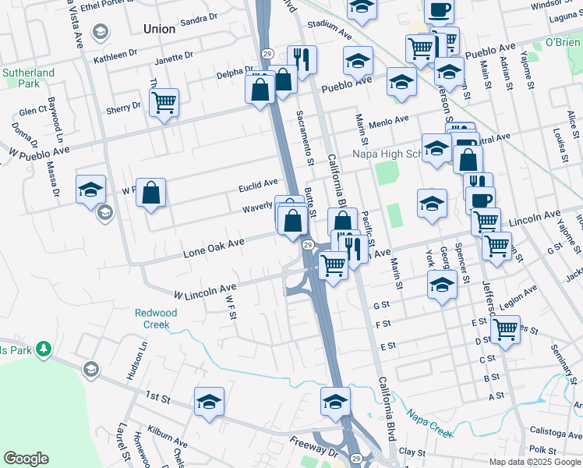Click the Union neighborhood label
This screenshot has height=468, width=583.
tap(160, 29)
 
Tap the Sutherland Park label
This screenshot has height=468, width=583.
tap(28, 78)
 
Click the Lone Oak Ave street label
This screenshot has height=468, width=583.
tap(214, 248)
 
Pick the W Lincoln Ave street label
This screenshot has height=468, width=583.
tap(204, 292)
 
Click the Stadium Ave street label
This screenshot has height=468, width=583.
tap(330, 29)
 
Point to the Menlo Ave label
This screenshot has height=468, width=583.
tap(389, 122)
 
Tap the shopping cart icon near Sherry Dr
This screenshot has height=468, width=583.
tap(164, 102)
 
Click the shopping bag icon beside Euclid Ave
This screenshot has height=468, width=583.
tap(150, 192)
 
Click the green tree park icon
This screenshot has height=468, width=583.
tap(45, 348)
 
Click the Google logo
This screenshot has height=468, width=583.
tap(26, 459)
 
